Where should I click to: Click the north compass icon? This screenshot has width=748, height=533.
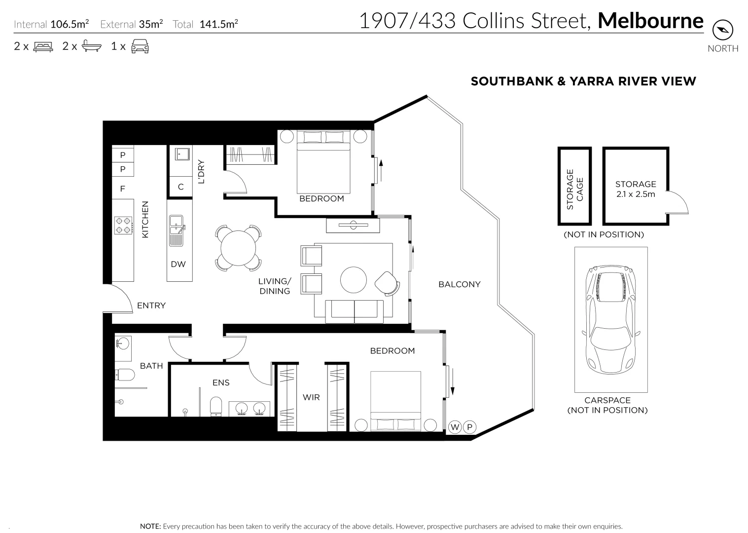click(723, 31)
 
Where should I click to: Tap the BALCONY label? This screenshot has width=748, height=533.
click(459, 284)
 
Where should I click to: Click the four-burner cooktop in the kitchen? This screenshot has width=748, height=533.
click(123, 226)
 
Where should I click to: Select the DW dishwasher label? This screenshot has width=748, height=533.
click(178, 265)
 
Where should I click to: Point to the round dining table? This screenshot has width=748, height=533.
click(238, 248)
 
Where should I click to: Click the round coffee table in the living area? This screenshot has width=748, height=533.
click(354, 280)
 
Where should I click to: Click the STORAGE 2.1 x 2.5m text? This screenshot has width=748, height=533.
click(635, 189)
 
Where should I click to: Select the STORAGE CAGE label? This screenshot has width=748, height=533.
click(574, 190)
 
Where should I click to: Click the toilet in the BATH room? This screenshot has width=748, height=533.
click(125, 376)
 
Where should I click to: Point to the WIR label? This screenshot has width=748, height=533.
click(311, 397)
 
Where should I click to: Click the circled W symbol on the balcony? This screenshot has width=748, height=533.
click(455, 427)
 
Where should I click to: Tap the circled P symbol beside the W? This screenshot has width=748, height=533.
click(469, 427)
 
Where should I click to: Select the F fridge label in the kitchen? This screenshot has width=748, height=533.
click(123, 189)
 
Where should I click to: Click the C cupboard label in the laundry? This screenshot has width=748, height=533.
click(180, 187)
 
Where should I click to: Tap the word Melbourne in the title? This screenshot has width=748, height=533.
click(650, 21)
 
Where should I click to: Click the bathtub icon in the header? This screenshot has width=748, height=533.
click(92, 46)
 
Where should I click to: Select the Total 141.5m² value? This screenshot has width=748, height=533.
click(218, 24)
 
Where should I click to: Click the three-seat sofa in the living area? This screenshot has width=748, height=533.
click(354, 311)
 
